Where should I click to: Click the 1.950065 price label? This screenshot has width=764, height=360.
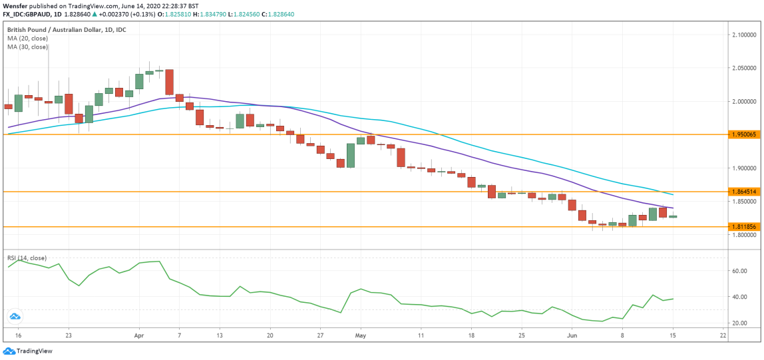pyautogui.click(x=742, y=134)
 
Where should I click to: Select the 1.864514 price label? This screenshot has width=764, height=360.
pyautogui.click(x=742, y=192)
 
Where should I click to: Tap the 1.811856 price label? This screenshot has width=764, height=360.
pyautogui.click(x=742, y=227)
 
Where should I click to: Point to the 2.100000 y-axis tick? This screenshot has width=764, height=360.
pyautogui.click(x=742, y=35)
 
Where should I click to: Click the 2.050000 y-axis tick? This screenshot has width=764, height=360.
pyautogui.click(x=742, y=68)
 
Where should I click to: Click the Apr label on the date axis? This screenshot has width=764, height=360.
pyautogui.click(x=139, y=336)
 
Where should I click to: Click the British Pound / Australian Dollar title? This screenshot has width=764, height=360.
pyautogui.click(x=67, y=30)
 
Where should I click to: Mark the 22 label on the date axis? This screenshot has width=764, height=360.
pyautogui.click(x=723, y=336)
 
